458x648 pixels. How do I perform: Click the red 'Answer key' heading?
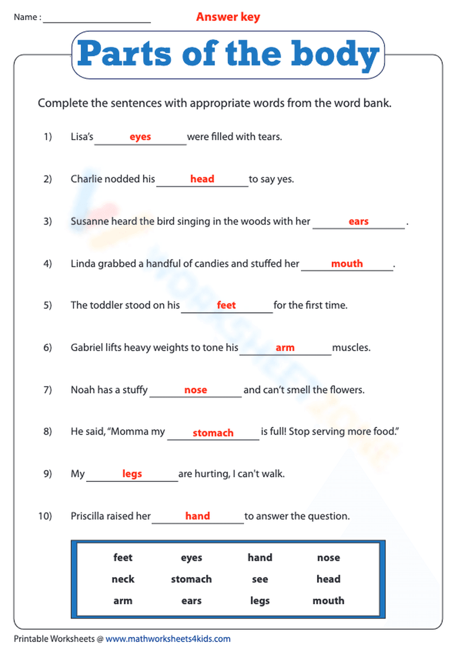click(228, 17)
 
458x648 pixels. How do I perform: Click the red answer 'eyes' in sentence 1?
click(140, 137)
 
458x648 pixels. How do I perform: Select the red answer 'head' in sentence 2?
click(202, 179)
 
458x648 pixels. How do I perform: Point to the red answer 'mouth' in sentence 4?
click(347, 264)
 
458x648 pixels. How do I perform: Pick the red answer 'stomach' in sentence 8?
click(213, 433)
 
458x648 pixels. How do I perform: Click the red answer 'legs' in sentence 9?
click(132, 474)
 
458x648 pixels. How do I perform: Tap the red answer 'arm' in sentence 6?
click(285, 348)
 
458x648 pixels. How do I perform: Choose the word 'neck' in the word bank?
click(123, 579)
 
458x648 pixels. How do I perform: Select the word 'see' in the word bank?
click(260, 579)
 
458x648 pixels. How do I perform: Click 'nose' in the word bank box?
click(328, 558)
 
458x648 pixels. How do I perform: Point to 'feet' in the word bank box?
click(123, 558)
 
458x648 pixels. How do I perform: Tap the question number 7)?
click(48, 390)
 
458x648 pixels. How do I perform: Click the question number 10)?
click(45, 516)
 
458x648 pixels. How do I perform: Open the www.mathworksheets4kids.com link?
click(168, 639)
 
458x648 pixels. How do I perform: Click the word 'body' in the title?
click(335, 55)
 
